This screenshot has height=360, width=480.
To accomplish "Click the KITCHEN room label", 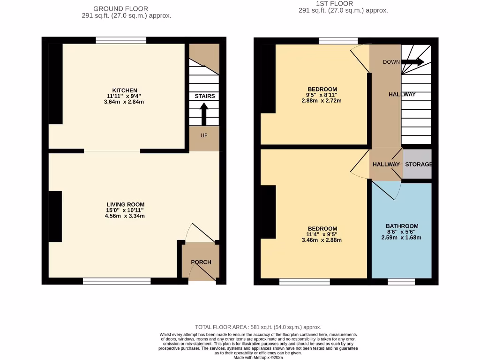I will coord(124,90).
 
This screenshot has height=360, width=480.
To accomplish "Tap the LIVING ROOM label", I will coord(125,204).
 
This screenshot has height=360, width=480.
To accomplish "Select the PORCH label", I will coord(201,262).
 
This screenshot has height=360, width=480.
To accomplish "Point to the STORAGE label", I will coord(418,165).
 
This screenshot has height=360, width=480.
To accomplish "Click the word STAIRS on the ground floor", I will coord(205,96).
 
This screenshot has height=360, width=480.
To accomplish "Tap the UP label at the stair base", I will coord(204,135).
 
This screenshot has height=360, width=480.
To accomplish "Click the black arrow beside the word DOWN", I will coord(412,62).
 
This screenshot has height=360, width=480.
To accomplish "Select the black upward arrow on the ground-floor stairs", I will coord(204,114).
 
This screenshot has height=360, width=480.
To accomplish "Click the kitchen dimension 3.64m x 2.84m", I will coord(124,102).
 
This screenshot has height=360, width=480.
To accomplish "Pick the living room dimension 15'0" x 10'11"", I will coord(125,210).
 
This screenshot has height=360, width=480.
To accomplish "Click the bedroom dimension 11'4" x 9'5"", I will coord(322,234).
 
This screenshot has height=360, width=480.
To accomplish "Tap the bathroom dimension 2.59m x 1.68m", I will coord(401,237).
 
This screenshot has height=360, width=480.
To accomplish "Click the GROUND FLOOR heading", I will coord(120,8).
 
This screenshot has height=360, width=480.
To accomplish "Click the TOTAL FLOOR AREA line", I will coord(258,327).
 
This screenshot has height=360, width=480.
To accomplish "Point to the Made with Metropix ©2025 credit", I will coord(258,357).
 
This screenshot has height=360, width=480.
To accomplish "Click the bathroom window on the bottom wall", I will coord(401,282).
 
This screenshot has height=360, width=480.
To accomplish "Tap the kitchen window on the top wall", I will coord(121,40).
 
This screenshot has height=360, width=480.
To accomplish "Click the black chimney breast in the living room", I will coord(55,217).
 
